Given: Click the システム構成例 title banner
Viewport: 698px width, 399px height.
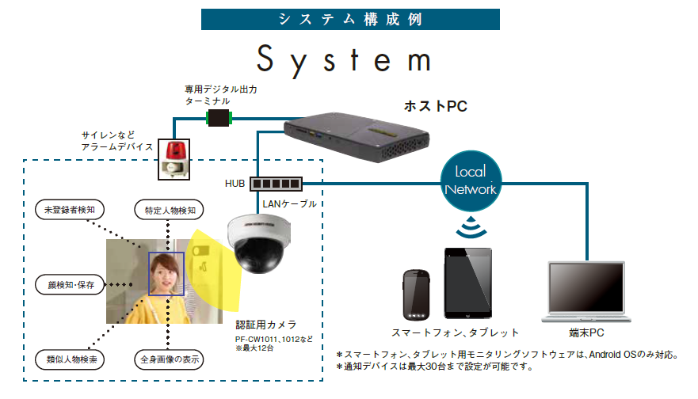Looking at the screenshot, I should point(349,19).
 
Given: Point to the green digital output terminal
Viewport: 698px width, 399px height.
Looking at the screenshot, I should point(217,119).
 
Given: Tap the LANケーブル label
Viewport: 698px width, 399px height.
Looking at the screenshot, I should point(289,204).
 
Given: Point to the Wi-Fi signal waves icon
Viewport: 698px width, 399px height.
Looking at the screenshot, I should point(471,229).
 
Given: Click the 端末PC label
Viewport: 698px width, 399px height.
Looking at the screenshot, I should point(587,333).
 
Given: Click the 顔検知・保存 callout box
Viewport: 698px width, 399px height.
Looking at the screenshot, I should point(71,284).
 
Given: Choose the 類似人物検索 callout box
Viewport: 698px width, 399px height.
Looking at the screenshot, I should point(71,359).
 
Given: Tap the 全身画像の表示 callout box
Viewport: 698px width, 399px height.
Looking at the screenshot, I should point(168,359).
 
